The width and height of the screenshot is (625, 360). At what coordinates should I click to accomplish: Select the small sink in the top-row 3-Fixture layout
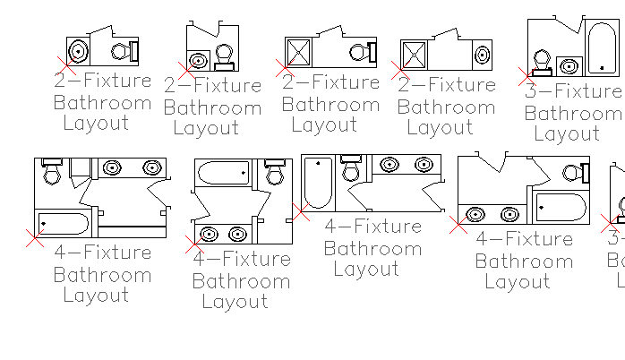tap(568, 65)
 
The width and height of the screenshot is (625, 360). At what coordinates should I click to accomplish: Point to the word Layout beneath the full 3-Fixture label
tap(567, 134)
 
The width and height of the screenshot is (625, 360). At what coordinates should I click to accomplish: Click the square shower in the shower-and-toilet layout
tap(297, 51)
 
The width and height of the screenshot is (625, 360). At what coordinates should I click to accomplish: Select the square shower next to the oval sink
tap(414, 55)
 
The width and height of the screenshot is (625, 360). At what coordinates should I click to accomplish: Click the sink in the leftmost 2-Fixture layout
tap(79, 50)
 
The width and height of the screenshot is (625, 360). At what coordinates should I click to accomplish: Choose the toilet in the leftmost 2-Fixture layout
tap(130, 50)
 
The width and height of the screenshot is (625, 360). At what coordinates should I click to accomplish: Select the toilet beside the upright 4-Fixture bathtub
tap(352, 167)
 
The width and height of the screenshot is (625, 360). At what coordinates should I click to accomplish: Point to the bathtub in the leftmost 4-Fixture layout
tap(63, 223)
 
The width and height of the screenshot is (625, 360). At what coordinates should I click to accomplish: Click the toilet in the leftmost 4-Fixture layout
tap(52, 171)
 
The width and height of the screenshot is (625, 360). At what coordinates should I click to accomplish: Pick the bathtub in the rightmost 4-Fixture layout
tap(560, 208)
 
